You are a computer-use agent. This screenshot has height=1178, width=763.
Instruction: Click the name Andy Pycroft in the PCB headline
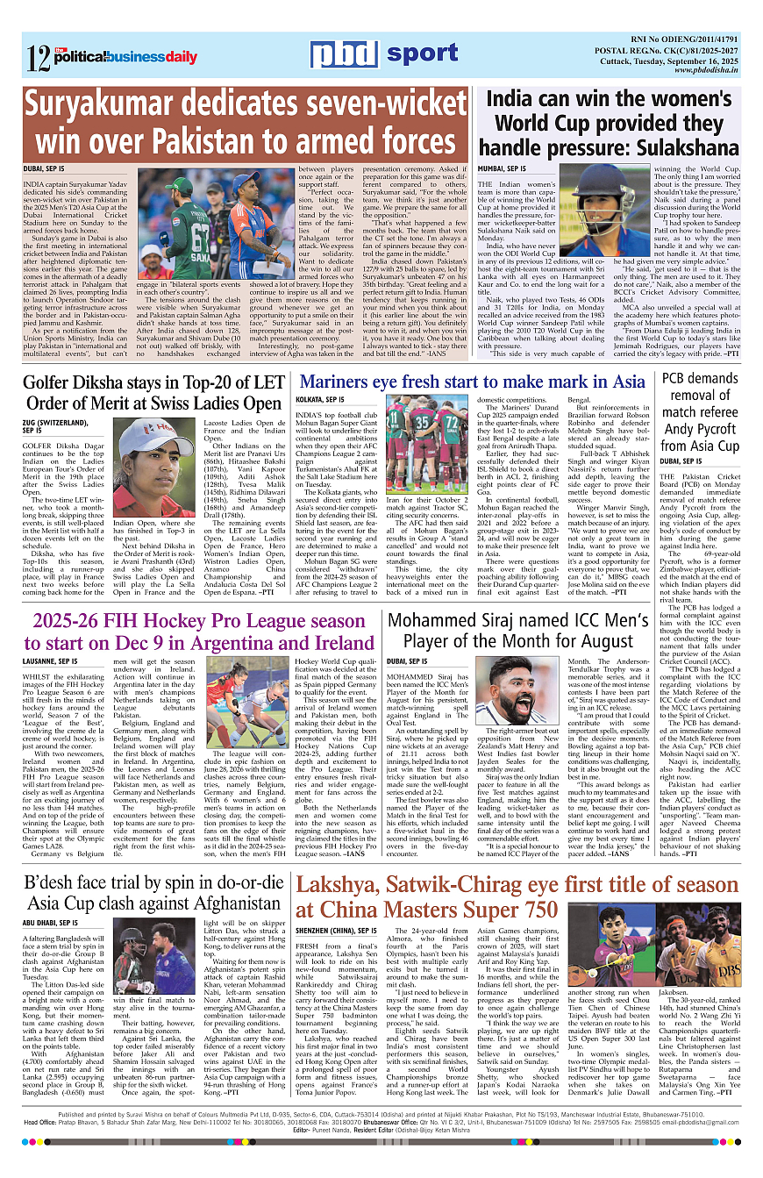[x=706, y=430]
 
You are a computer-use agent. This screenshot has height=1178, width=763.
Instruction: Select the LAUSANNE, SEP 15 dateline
[x=51, y=660]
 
